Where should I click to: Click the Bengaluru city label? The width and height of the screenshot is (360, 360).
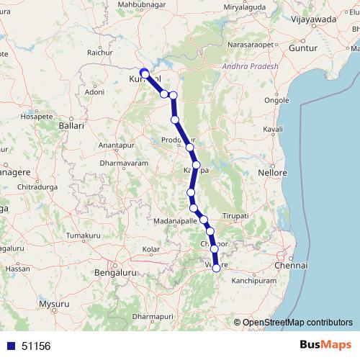[116, 274]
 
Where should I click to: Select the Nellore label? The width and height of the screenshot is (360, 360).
[273, 174]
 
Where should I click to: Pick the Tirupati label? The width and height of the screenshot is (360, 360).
[235, 216]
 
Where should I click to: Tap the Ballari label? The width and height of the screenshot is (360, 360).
[72, 125]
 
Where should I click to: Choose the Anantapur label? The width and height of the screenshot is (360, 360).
[116, 145]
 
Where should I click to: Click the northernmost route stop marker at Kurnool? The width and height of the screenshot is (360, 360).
[144, 73]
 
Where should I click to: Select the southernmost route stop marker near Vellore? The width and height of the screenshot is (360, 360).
[216, 268]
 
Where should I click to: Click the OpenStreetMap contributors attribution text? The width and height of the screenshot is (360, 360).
[297, 322]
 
